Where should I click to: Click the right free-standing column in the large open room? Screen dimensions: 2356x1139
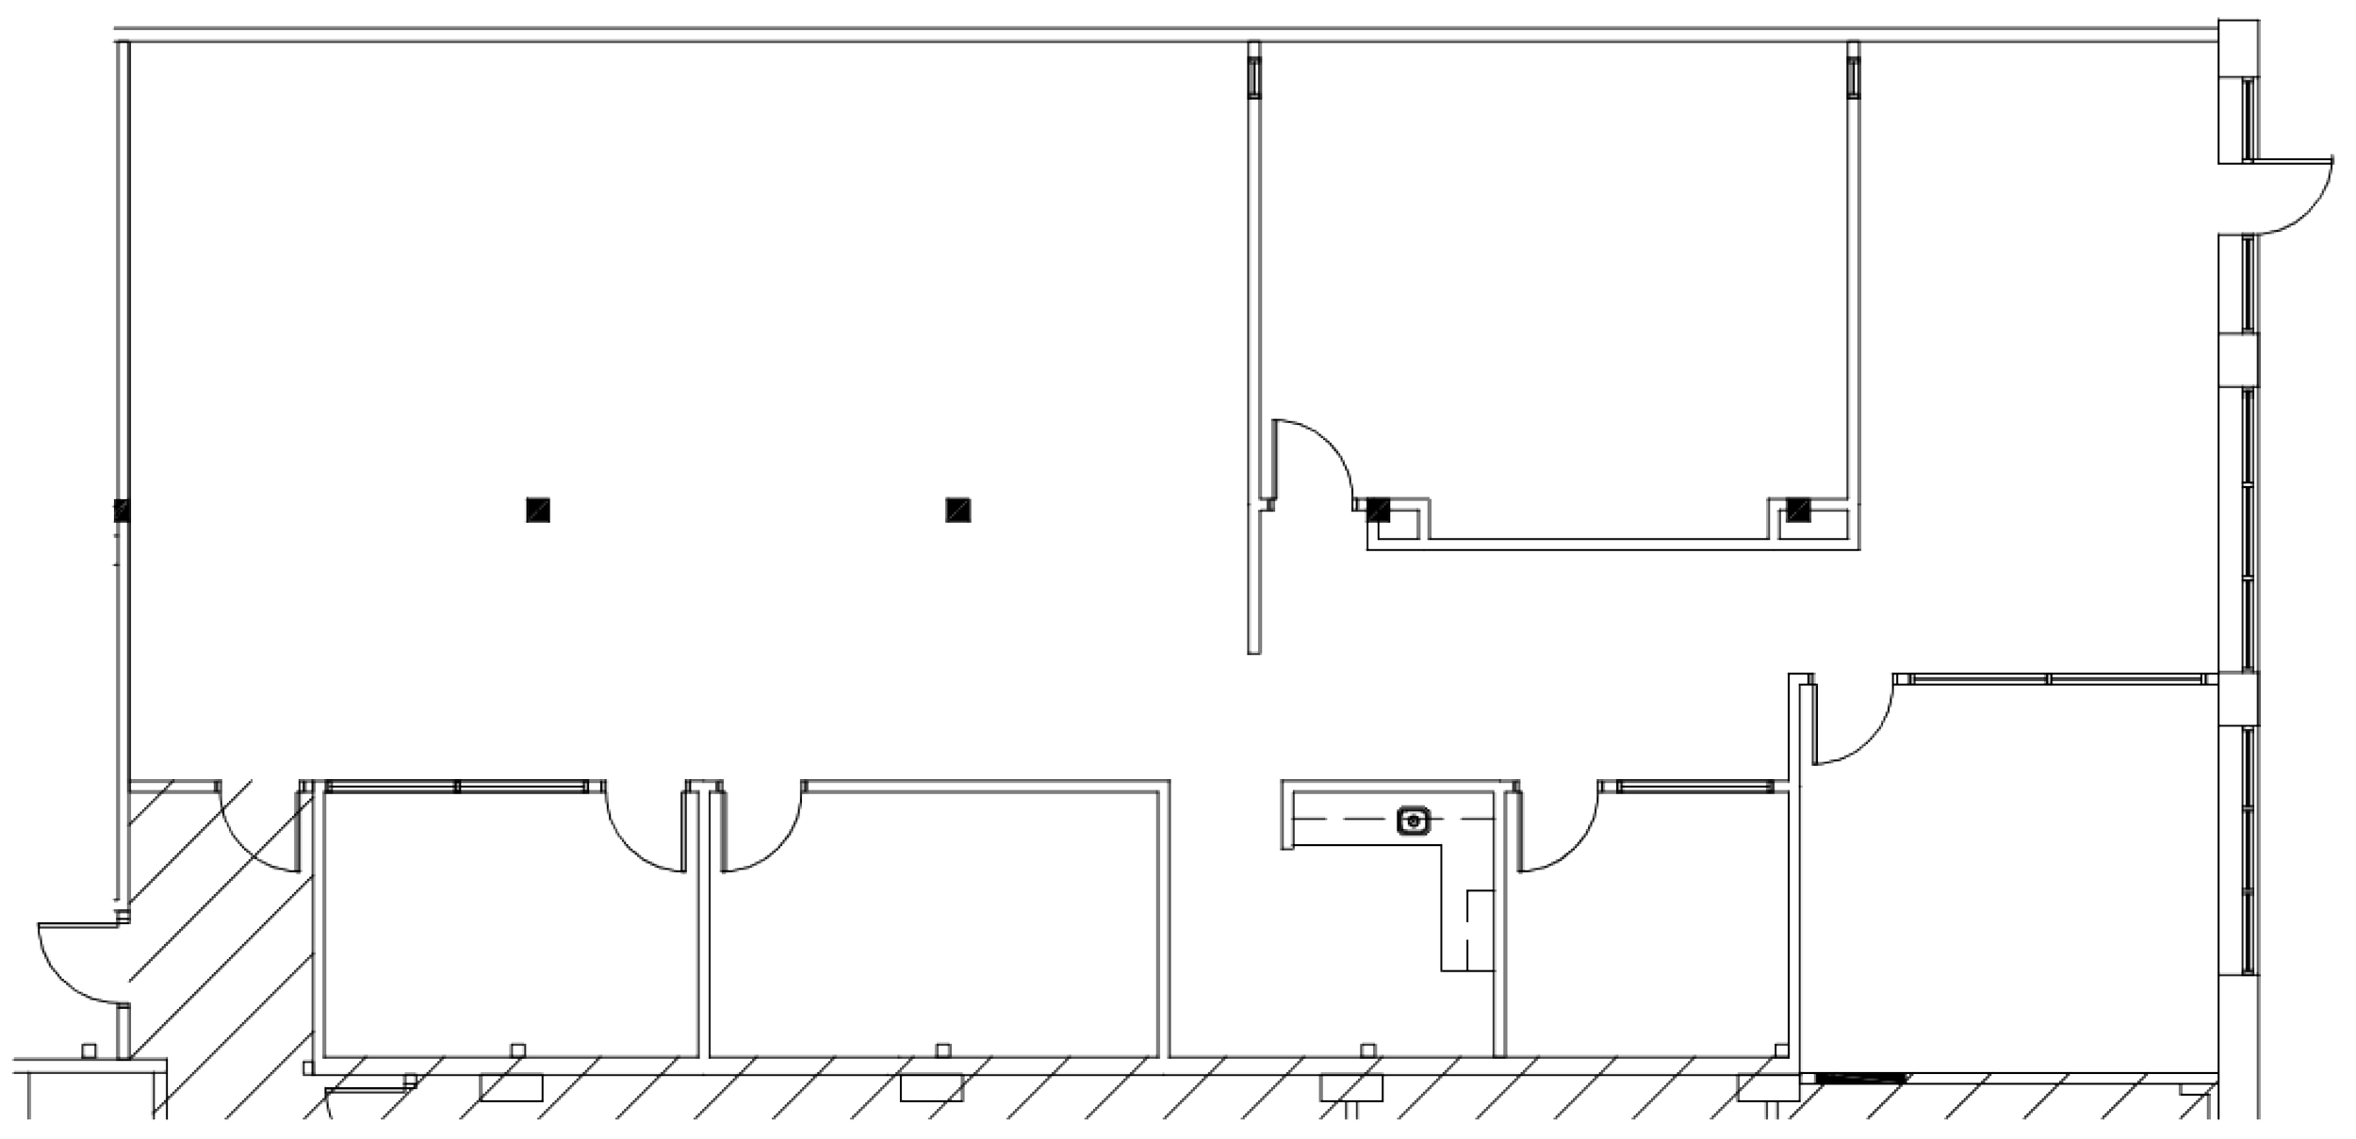957,510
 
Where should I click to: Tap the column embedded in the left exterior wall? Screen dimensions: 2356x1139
121,512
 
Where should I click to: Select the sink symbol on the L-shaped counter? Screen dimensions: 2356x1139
1413,821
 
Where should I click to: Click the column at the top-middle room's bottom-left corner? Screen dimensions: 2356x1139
1379,510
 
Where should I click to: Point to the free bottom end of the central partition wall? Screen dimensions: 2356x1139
1253,650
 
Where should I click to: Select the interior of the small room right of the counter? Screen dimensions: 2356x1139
1649,942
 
